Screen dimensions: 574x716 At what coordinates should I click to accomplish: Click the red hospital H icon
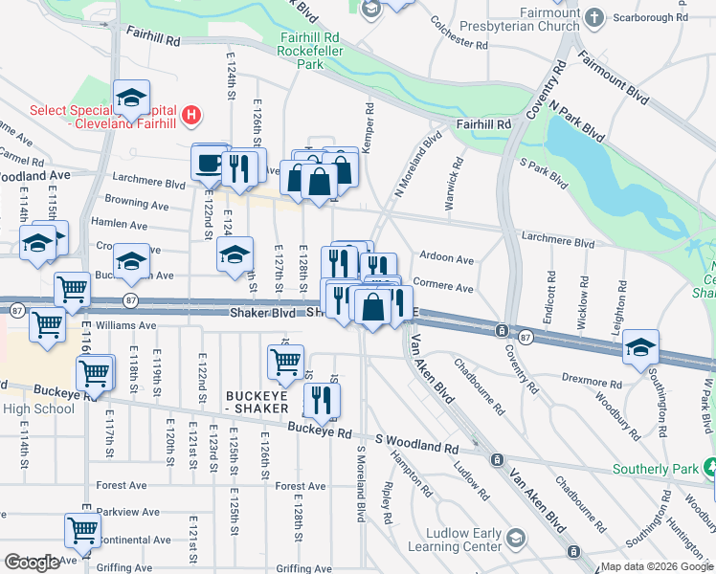(x=192, y=116)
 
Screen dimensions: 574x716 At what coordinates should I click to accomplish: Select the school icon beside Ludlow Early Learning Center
(x=517, y=539)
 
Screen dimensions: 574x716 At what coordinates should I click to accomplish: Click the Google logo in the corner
(x=32, y=563)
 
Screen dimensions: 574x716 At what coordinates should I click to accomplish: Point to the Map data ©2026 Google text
(x=657, y=566)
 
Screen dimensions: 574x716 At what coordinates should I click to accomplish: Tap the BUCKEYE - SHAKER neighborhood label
(x=257, y=402)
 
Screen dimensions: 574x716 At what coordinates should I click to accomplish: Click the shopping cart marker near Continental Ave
(x=82, y=529)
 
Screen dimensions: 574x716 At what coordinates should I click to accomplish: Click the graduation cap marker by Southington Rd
(x=640, y=348)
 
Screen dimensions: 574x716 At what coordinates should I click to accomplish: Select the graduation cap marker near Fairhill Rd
(x=131, y=97)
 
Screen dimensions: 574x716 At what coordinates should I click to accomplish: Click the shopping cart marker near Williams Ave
(x=47, y=323)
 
